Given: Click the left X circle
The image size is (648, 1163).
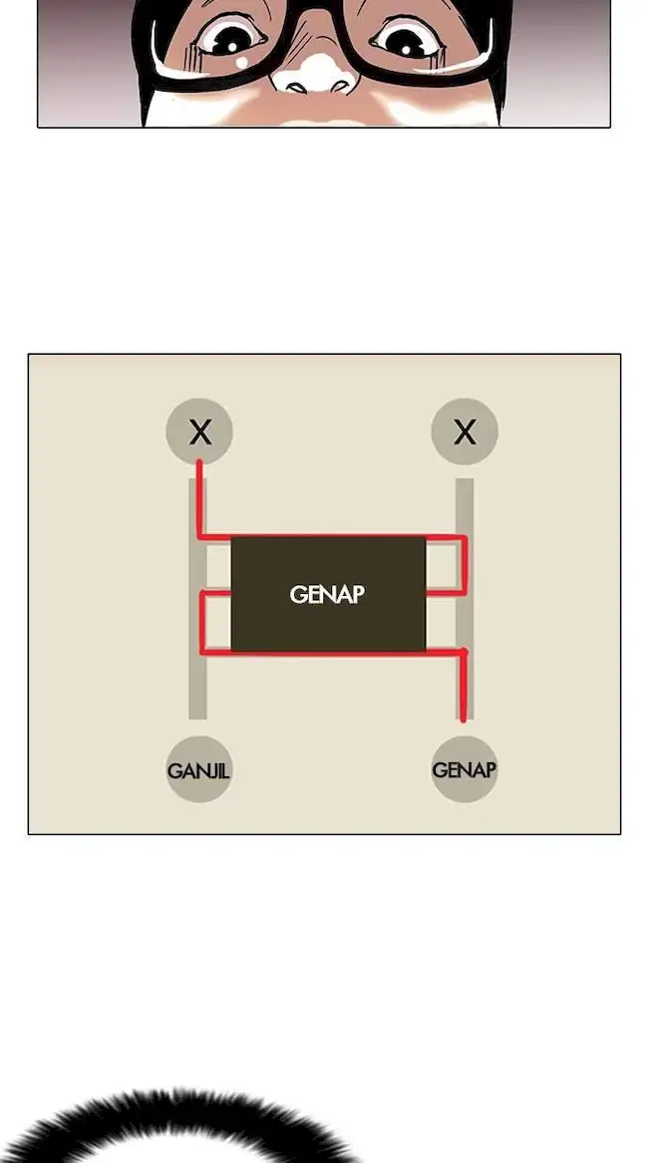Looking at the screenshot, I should tap(199, 432).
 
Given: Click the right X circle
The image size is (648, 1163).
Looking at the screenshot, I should tap(465, 432).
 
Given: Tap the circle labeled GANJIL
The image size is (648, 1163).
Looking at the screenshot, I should tap(199, 769).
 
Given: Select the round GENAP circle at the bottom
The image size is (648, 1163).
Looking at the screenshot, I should tap(465, 769).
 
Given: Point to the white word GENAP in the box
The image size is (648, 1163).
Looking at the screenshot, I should tap(327, 595).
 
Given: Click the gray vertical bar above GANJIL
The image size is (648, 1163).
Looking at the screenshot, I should tap(197, 688).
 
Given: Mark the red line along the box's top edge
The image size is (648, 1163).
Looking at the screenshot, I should tap(329, 537).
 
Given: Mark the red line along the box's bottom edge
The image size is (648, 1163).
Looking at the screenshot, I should tap(329, 653).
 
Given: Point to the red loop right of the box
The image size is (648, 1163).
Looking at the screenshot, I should tap(465, 566).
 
